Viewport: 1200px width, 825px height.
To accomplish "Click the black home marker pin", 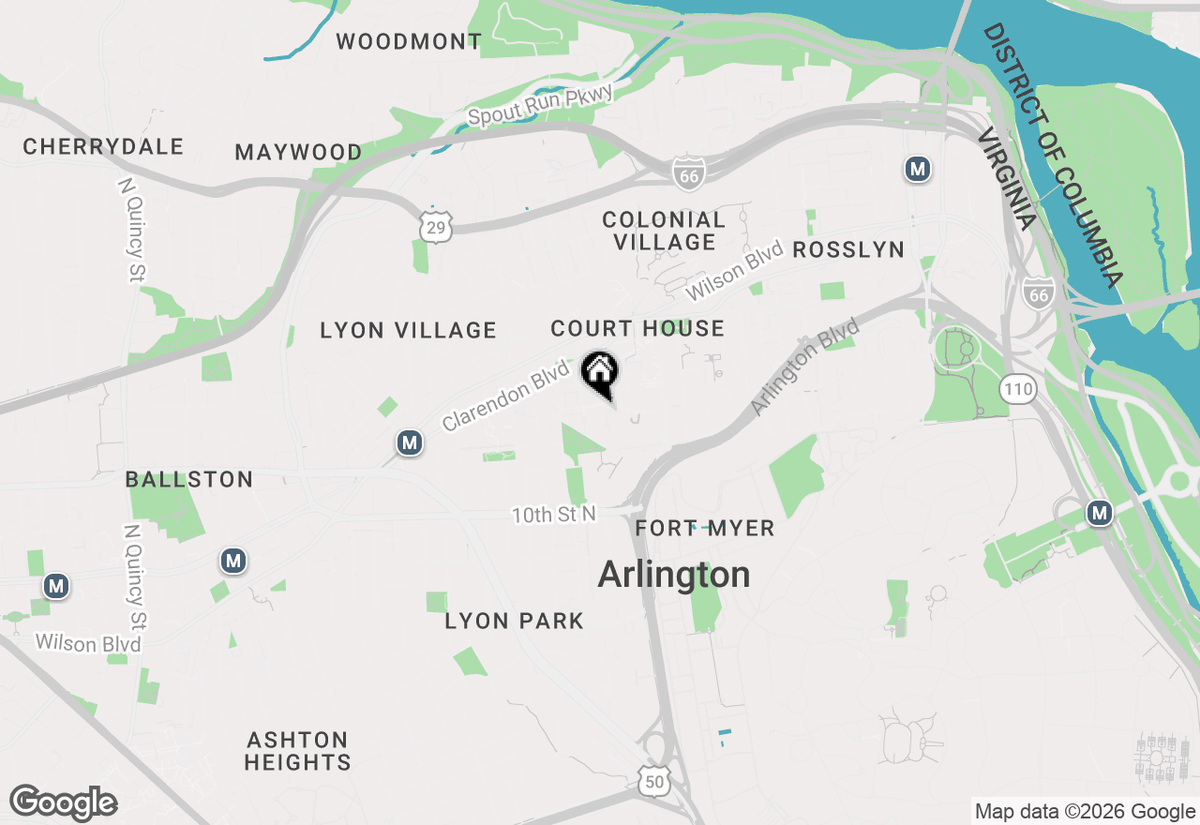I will click(x=600, y=372).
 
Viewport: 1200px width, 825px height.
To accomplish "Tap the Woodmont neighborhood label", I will click(x=409, y=41).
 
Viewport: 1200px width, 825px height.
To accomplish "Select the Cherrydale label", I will click(x=103, y=147).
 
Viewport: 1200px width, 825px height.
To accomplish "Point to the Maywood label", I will click(x=298, y=152).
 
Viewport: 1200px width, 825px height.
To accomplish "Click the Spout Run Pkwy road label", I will click(x=540, y=105).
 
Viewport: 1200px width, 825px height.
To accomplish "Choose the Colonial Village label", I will click(x=664, y=231).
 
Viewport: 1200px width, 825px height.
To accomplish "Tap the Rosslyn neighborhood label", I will click(x=848, y=249).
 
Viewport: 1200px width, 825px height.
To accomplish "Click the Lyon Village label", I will click(x=408, y=330).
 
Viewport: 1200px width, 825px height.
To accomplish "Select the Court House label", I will click(x=637, y=328).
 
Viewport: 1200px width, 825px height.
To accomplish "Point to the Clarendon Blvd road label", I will click(x=505, y=397).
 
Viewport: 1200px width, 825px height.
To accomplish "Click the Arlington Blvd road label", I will click(x=804, y=367).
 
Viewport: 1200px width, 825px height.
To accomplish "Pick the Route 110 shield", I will click(x=1017, y=389).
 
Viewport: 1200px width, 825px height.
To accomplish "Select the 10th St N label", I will click(x=553, y=515).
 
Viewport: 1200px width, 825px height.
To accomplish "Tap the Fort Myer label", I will click(x=705, y=529).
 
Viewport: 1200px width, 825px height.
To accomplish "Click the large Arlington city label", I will click(x=674, y=574).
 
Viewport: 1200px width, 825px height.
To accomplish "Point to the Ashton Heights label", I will click(x=297, y=751).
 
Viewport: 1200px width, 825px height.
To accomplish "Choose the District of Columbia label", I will click(x=1052, y=155).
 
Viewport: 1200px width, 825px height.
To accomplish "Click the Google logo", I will click(x=63, y=803).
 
